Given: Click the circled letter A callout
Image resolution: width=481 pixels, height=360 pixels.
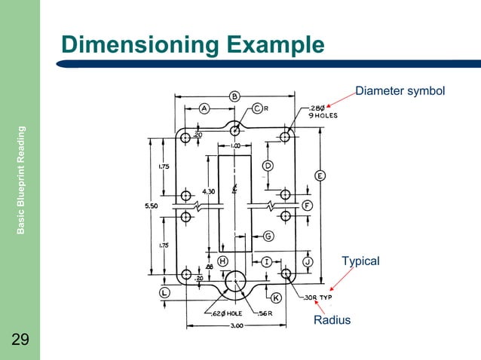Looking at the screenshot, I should pyautogui.click(x=204, y=108).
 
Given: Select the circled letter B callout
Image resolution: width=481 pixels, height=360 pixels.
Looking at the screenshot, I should pyautogui.click(x=234, y=96).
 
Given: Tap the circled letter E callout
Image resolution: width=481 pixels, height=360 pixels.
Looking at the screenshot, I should pyautogui.click(x=320, y=175).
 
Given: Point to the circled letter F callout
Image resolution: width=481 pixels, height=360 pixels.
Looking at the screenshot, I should pyautogui.click(x=308, y=205).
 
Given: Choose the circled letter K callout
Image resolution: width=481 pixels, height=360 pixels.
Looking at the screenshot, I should pyautogui.click(x=276, y=298).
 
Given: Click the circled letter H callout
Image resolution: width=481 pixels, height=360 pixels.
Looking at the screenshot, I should pyautogui.click(x=223, y=261).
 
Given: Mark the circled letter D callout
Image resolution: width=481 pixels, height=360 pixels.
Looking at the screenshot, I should pyautogui.click(x=267, y=165).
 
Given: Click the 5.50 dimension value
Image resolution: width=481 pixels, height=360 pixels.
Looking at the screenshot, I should pyautogui.click(x=151, y=203).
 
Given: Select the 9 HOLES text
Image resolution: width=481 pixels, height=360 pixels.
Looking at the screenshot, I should pyautogui.click(x=322, y=116).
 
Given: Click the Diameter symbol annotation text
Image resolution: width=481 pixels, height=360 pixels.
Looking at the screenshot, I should pyautogui.click(x=400, y=92).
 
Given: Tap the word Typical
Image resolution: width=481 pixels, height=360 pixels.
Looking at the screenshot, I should pyautogui.click(x=360, y=261).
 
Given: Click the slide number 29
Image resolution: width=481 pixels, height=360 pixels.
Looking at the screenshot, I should pyautogui.click(x=20, y=340).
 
